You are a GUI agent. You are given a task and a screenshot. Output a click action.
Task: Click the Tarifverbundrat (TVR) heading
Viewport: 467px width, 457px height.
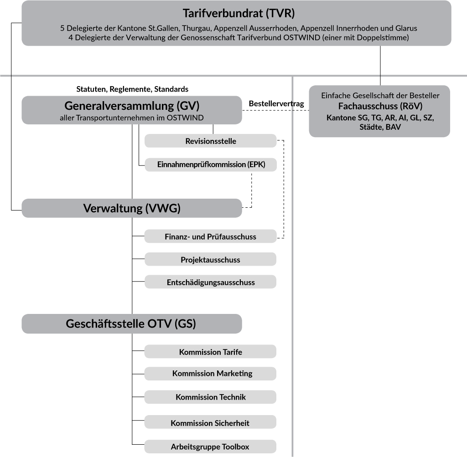point(236,12)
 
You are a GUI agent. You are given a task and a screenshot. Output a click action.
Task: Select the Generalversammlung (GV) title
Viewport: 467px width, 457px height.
point(132,106)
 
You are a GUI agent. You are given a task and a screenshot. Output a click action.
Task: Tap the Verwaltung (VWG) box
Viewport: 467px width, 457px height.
point(132,208)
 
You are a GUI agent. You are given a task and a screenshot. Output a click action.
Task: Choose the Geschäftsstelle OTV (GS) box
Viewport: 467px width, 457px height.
point(132,323)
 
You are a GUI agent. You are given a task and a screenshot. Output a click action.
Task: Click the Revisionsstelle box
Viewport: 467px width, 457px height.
point(211,141)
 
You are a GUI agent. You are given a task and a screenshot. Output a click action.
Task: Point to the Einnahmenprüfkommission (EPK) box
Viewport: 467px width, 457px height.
point(211,164)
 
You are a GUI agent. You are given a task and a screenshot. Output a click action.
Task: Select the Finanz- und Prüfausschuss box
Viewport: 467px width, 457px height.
point(211,236)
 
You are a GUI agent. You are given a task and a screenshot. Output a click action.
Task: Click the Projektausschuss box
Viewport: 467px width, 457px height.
point(211,260)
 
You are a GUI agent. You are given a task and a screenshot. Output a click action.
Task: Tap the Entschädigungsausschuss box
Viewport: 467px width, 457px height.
point(211,282)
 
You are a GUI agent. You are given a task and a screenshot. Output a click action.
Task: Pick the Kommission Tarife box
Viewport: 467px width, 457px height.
point(211,352)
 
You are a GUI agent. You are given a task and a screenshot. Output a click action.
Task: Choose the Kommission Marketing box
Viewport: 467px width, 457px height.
point(211,374)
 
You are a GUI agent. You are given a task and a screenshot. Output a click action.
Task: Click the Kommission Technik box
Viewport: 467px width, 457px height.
point(211,397)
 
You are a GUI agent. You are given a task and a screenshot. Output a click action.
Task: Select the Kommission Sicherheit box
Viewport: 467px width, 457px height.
point(211,423)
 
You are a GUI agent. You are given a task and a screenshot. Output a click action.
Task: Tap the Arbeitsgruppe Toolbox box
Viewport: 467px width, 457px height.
point(211,447)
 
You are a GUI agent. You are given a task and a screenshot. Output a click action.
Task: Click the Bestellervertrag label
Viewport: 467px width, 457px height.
point(276,104)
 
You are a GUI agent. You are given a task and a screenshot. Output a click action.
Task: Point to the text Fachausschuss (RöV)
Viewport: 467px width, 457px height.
point(380,106)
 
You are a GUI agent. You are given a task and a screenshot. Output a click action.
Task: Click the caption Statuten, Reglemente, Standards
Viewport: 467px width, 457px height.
point(132,89)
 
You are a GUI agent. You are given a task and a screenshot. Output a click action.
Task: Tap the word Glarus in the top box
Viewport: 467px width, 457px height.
point(406,28)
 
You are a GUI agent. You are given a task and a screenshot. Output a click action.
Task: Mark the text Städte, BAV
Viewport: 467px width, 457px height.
point(380,128)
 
